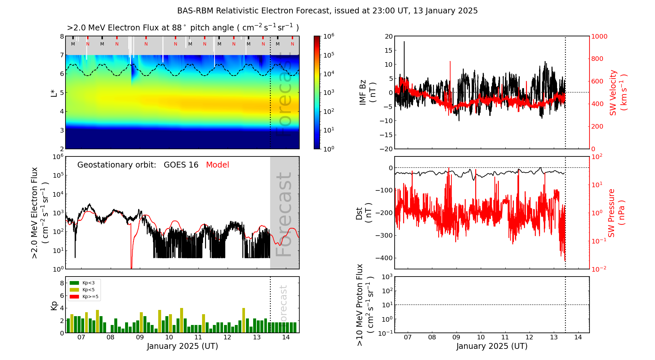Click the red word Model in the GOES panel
coord(217,165)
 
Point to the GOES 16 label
coord(181,165)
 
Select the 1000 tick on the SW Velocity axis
coord(599,36)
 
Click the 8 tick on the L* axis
coord(62,36)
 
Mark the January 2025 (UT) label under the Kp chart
coord(182,346)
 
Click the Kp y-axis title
coord(54,305)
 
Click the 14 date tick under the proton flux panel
coord(578,337)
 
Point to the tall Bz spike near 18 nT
coord(404,43)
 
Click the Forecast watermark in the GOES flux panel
coord(284,214)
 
